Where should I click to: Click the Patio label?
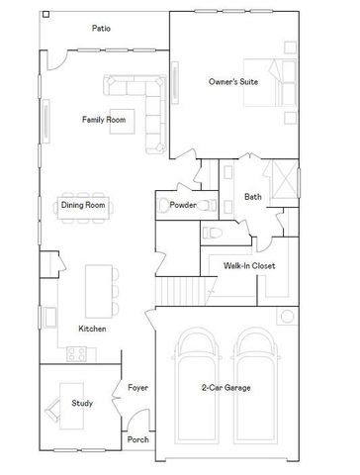(101, 29)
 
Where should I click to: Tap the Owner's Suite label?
(233, 82)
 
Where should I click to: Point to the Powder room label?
(184, 205)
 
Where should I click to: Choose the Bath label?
(253, 196)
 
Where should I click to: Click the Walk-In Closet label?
(248, 266)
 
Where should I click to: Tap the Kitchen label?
(92, 329)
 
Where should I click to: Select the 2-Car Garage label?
(225, 387)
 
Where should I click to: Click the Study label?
(82, 403)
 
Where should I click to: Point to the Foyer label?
(137, 387)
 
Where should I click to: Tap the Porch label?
(137, 439)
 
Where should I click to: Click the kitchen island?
(97, 286)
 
